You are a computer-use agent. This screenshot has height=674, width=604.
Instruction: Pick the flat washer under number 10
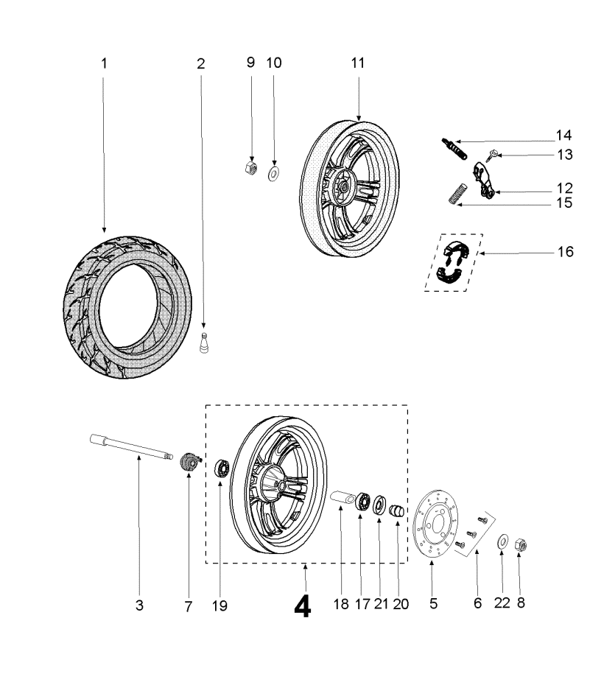pos(274,173)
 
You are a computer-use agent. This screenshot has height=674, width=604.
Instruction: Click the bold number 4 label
pos(302,605)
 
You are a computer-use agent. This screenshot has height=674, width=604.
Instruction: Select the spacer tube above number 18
pos(343,497)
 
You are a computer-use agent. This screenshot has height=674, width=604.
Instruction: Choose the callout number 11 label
pos(358,63)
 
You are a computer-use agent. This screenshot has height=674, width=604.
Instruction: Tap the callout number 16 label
pos(565,252)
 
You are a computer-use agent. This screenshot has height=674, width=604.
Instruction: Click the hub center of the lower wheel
pos(282,487)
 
